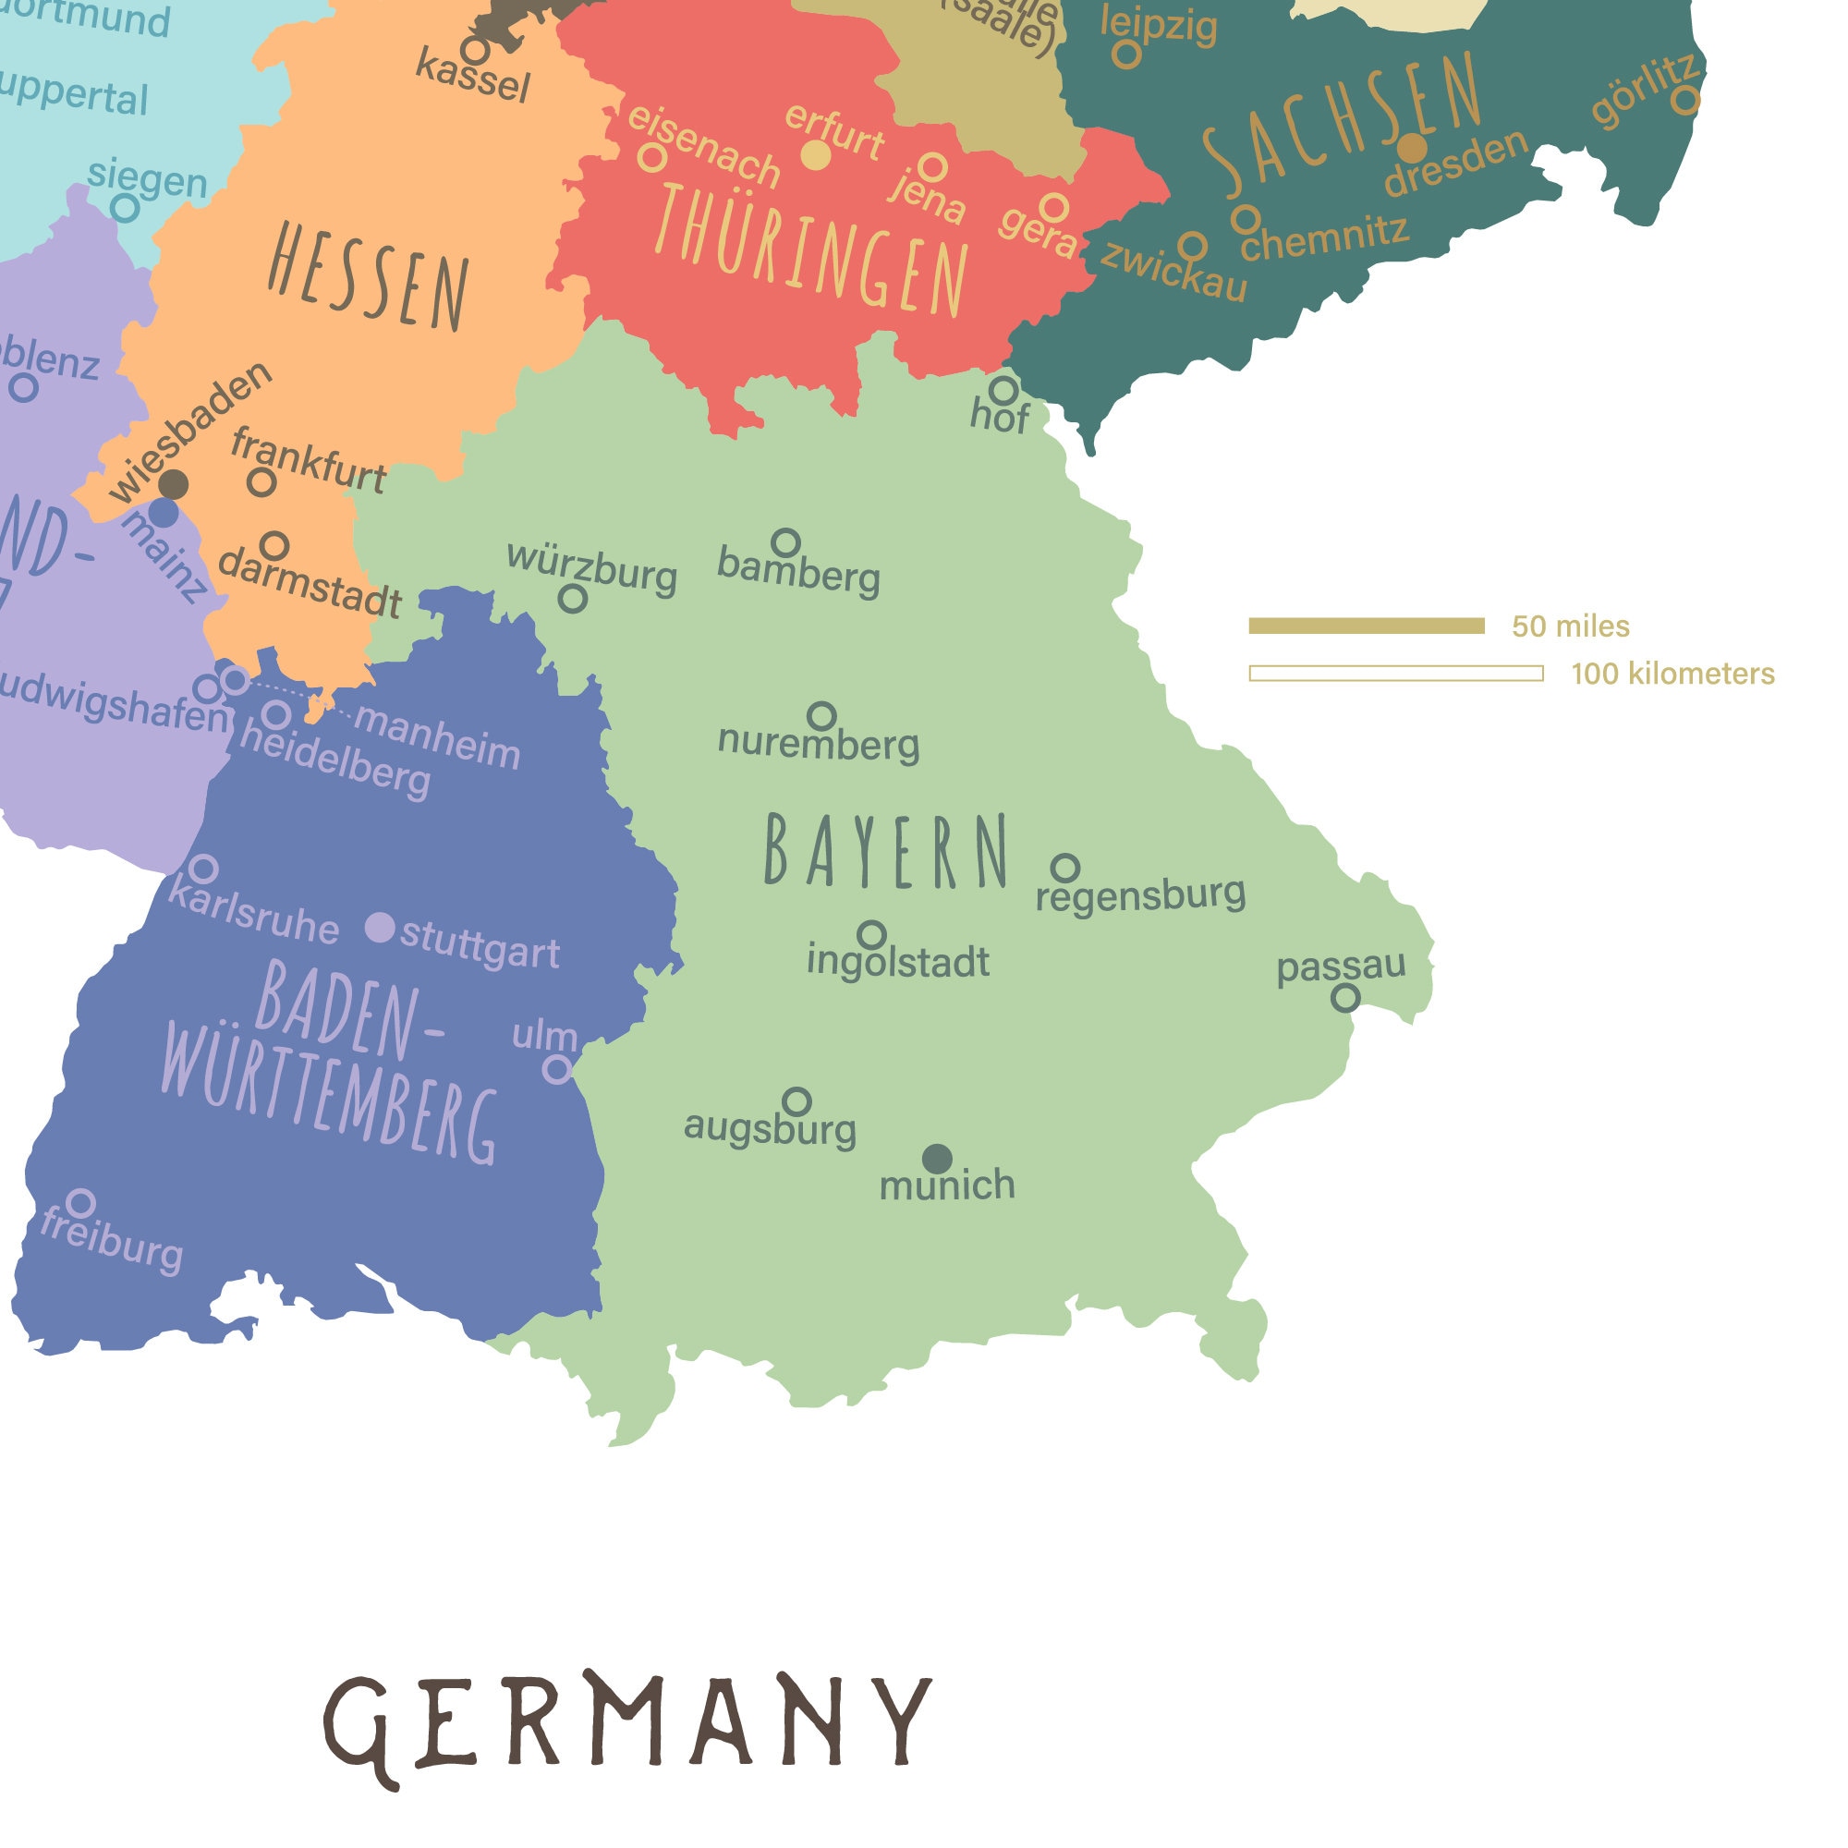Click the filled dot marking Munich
(x=937, y=1159)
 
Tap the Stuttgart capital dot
(x=381, y=927)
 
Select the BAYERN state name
(x=886, y=850)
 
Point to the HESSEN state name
(x=369, y=276)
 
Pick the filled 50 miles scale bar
(x=1366, y=626)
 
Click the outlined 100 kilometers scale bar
(x=1395, y=674)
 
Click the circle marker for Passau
(x=1344, y=999)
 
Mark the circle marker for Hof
(x=1003, y=390)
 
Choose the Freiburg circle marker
(x=81, y=1202)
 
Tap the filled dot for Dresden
(x=1412, y=148)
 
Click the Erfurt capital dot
(x=815, y=155)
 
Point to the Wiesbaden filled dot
(x=173, y=484)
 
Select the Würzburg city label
(x=592, y=568)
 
